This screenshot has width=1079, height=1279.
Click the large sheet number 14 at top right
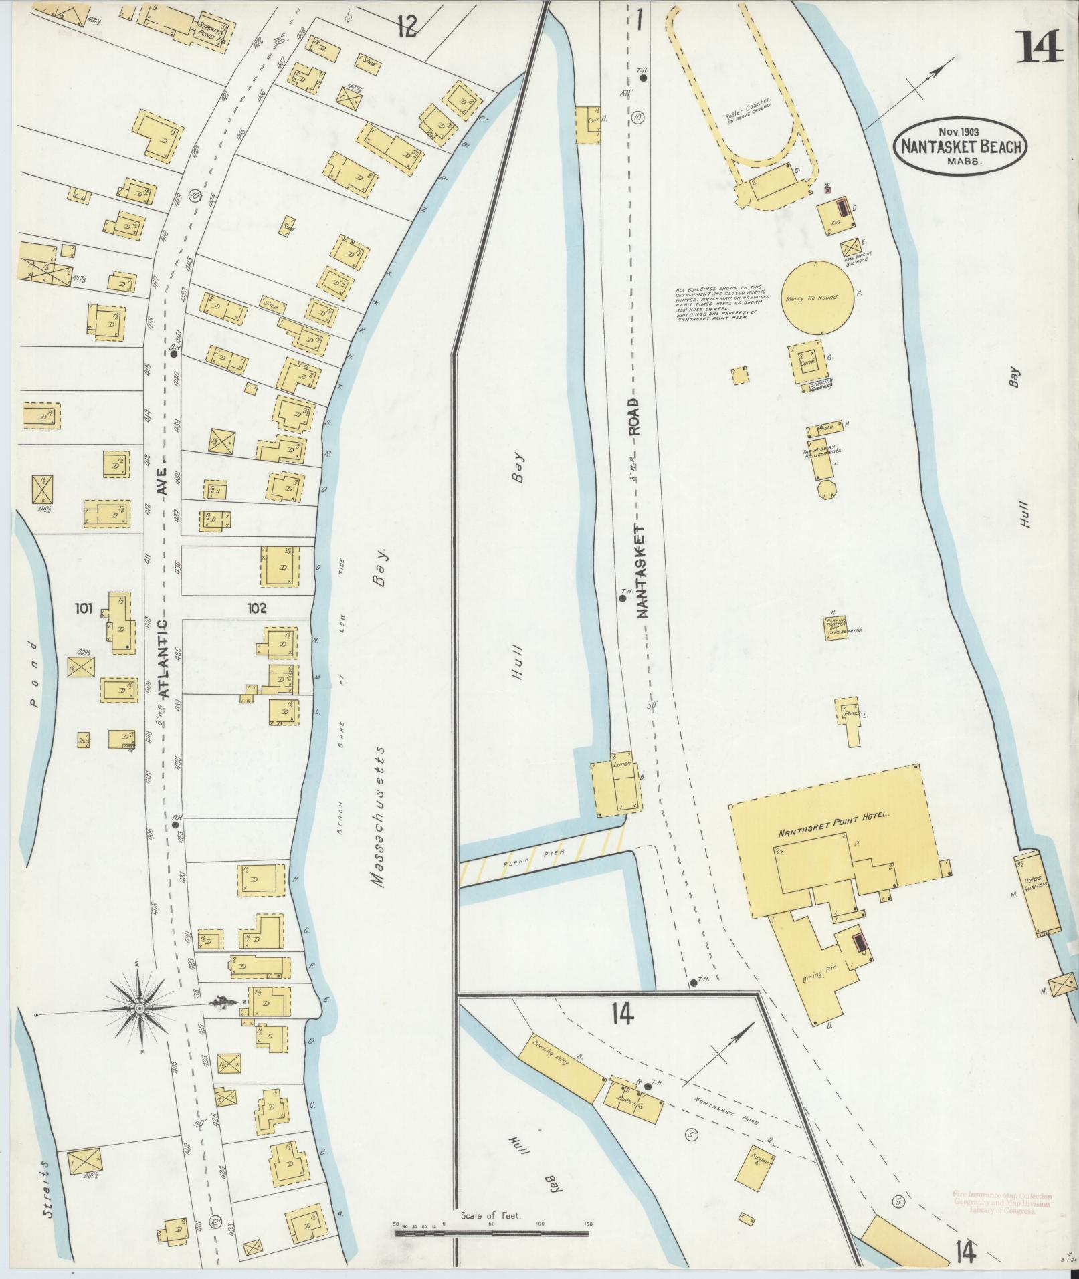point(1040,47)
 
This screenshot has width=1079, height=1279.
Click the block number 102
point(256,608)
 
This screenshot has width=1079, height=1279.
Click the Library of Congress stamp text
point(1001,1199)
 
